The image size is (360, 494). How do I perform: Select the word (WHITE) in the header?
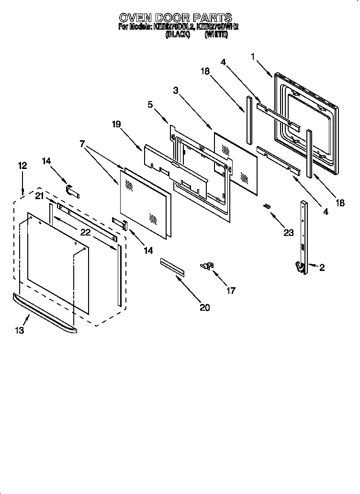point(216,35)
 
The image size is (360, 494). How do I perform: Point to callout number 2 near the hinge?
point(322,268)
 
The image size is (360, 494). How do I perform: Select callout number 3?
point(177,90)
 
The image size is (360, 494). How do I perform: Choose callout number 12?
point(22,166)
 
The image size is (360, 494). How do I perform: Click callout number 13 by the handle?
point(19,330)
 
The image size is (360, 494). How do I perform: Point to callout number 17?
point(231,290)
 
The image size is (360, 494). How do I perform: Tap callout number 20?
point(204,307)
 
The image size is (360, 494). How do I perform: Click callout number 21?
point(39,195)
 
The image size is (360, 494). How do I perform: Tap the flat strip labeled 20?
point(172,267)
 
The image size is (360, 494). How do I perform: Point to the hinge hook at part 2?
point(300,269)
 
